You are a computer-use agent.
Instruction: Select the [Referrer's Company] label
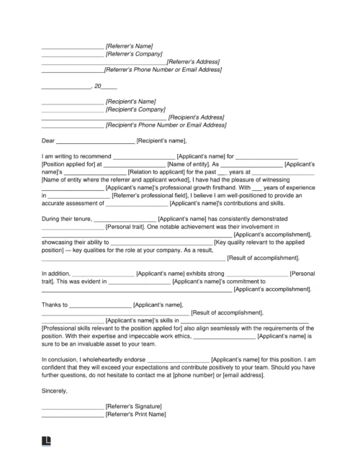pos(134,54)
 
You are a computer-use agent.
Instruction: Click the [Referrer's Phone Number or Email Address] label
pos(162,70)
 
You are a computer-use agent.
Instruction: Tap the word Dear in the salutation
pos(48,140)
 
